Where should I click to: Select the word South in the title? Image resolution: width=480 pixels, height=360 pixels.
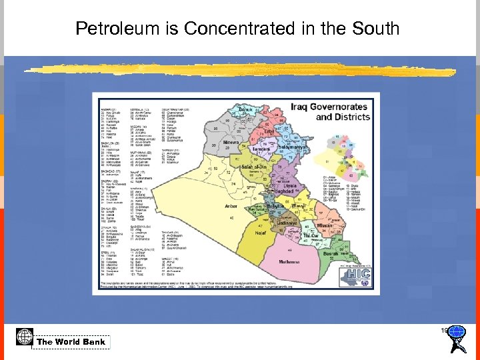pyautogui.click(x=375, y=29)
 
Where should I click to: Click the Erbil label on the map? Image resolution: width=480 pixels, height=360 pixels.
pyautogui.click(x=269, y=132)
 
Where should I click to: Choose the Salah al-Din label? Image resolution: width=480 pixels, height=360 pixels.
pyautogui.click(x=254, y=167)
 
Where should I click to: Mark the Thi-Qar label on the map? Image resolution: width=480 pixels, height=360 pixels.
pyautogui.click(x=311, y=235)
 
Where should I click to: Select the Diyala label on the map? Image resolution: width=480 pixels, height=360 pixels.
pyautogui.click(x=289, y=185)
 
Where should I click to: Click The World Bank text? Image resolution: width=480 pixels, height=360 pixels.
pyautogui.click(x=71, y=342)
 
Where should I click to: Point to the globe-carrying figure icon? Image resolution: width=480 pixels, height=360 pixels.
pyautogui.click(x=457, y=339)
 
